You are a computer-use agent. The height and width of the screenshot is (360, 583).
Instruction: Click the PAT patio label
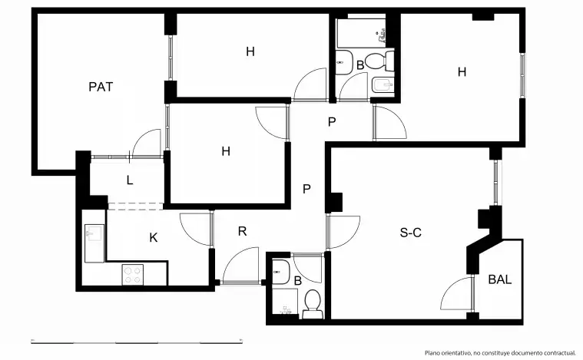click(101, 87)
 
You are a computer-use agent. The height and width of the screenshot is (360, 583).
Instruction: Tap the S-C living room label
click(410, 233)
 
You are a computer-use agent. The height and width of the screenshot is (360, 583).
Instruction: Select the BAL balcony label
click(500, 279)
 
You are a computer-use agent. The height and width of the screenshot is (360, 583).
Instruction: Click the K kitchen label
click(153, 237)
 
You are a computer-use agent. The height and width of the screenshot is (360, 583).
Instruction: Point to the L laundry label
click(129, 180)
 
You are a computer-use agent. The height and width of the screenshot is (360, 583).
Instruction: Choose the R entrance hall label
click(242, 232)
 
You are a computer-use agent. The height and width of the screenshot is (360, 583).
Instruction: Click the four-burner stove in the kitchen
click(133, 275)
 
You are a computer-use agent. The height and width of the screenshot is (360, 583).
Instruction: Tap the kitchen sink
click(94, 243)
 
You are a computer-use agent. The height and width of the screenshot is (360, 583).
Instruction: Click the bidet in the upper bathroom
click(383, 86)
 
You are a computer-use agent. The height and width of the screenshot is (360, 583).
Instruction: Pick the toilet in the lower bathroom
click(313, 303)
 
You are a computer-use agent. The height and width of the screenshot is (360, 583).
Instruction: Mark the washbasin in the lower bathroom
click(280, 272)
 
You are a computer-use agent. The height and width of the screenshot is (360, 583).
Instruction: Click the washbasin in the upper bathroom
click(344, 62)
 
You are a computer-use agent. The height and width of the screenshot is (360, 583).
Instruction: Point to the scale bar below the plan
click(137, 341)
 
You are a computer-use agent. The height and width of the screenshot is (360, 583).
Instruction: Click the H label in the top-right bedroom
click(462, 71)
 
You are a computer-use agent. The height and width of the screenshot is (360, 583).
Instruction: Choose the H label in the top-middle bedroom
click(250, 51)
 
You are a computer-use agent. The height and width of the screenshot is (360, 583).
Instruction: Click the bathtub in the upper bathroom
click(361, 33)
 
